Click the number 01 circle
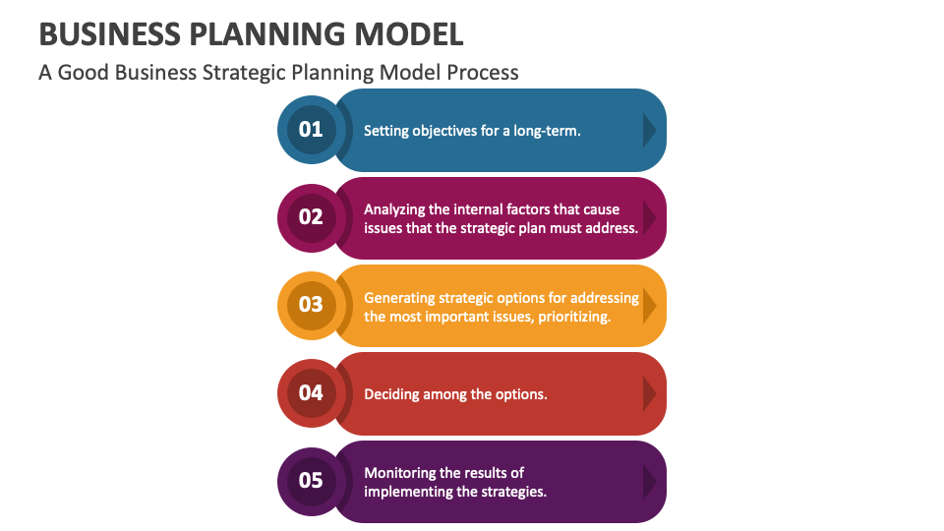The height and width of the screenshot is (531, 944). pos(311,129)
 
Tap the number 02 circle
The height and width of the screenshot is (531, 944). pos(311,217)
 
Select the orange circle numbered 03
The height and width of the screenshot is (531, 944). pos(311,305)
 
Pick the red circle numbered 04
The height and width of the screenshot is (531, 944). pos(311,393)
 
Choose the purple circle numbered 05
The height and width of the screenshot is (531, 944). pos(311,481)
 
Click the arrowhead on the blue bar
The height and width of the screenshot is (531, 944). pos(649,130)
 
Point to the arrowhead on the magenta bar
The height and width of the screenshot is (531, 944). pos(649,217)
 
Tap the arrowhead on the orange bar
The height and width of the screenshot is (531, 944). pos(649,305)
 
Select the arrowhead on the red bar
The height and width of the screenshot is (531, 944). pos(649,393)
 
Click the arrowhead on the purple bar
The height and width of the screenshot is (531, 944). pos(649,482)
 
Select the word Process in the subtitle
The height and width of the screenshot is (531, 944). pos(483,73)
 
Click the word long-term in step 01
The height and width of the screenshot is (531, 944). pos(547,130)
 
